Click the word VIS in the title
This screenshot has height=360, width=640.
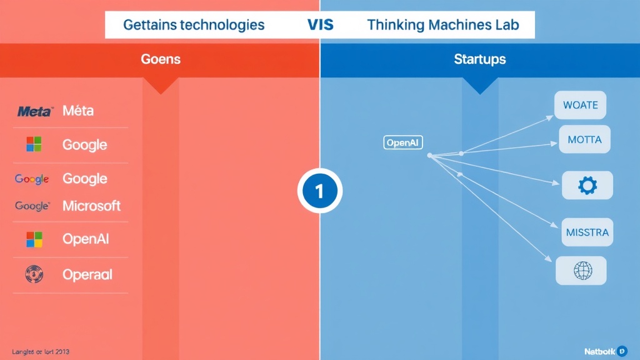click(x=320, y=26)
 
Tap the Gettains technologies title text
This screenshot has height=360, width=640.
click(x=194, y=26)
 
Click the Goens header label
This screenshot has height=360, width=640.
click(x=161, y=60)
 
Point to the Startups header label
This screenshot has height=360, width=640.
click(x=480, y=60)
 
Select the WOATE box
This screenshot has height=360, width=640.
click(x=581, y=105)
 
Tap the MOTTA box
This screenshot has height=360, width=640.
click(x=584, y=139)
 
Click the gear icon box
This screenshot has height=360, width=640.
click(x=587, y=186)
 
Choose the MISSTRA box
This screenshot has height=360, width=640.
click(x=587, y=232)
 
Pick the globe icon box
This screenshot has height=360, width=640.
click(x=582, y=271)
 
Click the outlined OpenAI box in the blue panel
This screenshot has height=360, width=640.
click(x=402, y=143)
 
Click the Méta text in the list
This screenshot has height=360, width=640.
click(x=78, y=111)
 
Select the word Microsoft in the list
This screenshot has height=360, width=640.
click(x=91, y=206)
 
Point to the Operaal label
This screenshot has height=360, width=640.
click(x=87, y=274)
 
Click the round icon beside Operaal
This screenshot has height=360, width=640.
click(x=33, y=274)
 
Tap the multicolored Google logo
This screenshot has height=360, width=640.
click(x=32, y=179)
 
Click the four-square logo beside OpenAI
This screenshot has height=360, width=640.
click(x=34, y=239)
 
